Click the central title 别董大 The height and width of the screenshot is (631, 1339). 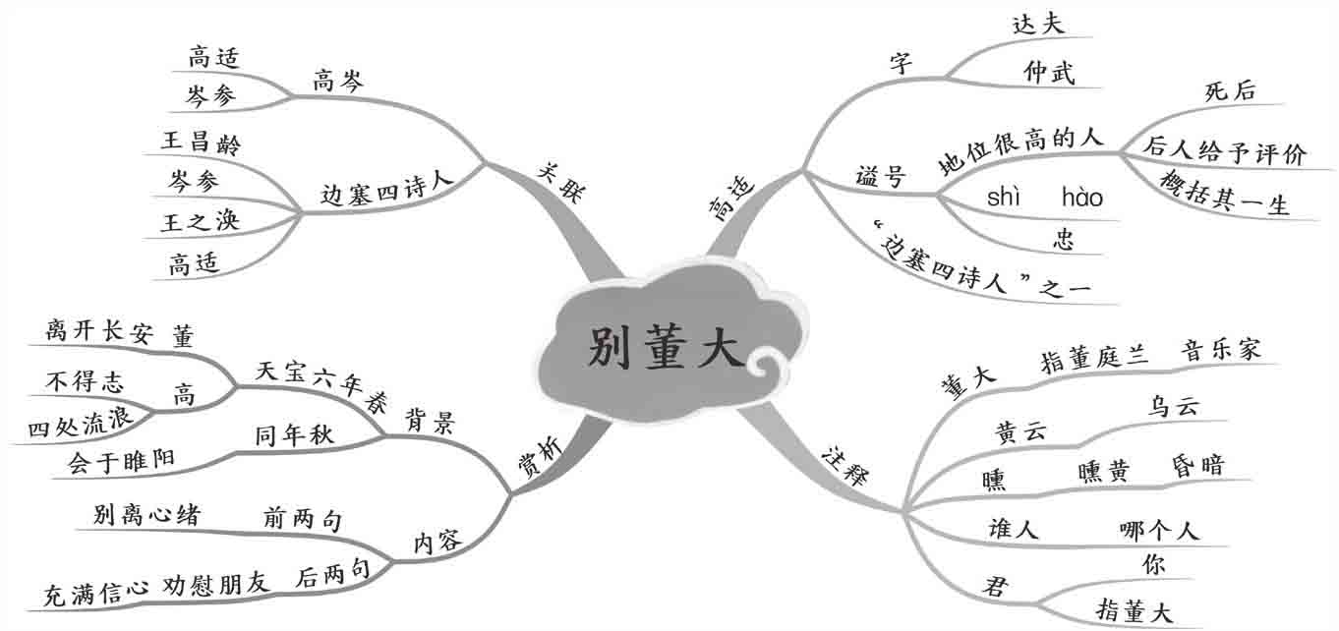pos(666,348)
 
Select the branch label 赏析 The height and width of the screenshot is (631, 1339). pos(542,458)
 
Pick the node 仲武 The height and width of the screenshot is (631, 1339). pos(1048,72)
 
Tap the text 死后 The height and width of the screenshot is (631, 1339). pos(1230,90)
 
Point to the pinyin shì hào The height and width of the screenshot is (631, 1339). pos(1044,199)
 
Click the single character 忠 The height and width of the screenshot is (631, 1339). pos(1063,239)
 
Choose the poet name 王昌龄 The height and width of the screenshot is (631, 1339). pos(201,142)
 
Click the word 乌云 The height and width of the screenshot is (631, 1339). pos(1174,407)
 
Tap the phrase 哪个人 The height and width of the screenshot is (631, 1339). pos(1159,531)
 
